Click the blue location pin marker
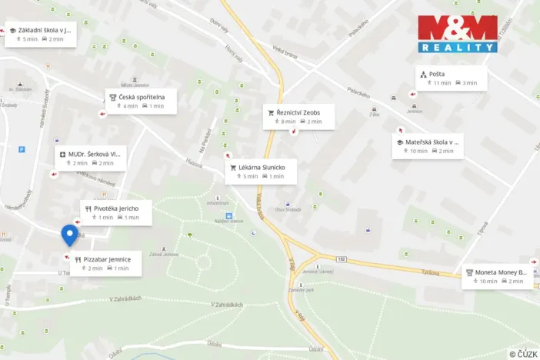(69, 235)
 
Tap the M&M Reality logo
(458, 34)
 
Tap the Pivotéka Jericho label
(115, 212)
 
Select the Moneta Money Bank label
(498, 276)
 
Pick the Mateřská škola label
(429, 146)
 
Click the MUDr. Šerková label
(91, 158)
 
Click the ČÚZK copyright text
(523, 354)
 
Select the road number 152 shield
(341, 259)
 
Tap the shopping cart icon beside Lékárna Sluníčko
(233, 167)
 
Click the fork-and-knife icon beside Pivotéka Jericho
(88, 208)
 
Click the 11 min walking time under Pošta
(438, 83)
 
